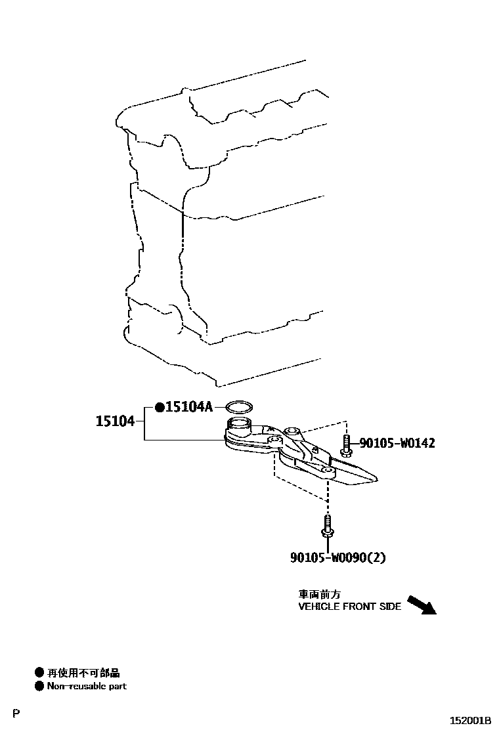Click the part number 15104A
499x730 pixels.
pos(189,407)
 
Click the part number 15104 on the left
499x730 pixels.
pos(115,421)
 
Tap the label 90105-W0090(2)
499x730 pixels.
pos(337,558)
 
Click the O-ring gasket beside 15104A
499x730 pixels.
pos(239,408)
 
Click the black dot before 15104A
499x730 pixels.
pos(160,408)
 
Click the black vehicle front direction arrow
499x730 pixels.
pos(421,603)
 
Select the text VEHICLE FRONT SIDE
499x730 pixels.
pos(349,607)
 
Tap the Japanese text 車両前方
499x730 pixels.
pos(320,593)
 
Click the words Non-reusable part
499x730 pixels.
pos(87,686)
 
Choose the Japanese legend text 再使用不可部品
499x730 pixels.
pos(83,673)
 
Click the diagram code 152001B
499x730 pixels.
pos(470,720)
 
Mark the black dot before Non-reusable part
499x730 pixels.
pos(39,686)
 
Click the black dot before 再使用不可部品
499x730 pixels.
pos(39,673)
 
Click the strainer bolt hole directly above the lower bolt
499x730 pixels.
pos(326,471)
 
